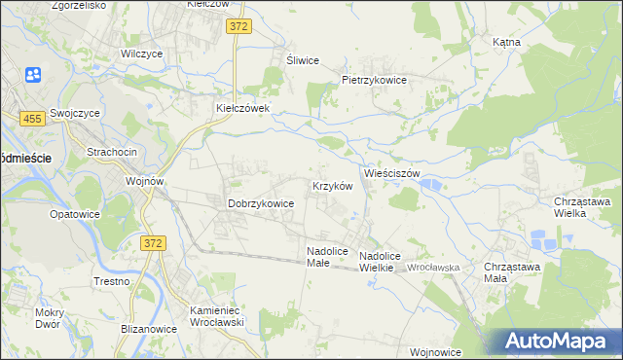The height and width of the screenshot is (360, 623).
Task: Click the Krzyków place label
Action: point(331,186)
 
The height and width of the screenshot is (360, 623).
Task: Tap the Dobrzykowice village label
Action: point(261,203)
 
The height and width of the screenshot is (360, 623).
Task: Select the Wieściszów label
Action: point(391,173)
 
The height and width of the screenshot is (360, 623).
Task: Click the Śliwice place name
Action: point(303,60)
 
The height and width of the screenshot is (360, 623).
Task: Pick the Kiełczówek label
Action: point(248,108)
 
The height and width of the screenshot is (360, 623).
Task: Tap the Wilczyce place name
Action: point(142,54)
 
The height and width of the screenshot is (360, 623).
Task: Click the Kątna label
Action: point(506,43)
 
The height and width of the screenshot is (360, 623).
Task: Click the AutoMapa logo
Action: point(557,342)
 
